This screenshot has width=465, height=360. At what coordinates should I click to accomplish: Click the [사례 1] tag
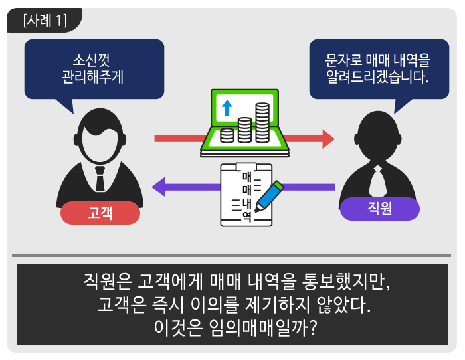[x=45, y=21]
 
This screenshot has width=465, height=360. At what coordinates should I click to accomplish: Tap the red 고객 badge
[x=100, y=213]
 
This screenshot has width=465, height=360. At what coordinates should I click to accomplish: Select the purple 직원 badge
[x=379, y=209]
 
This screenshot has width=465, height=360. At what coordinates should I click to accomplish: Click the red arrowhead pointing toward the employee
[x=327, y=139]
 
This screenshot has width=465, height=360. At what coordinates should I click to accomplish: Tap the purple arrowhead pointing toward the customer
[x=159, y=187]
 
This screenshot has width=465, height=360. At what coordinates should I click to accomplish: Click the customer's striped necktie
[x=100, y=178]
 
